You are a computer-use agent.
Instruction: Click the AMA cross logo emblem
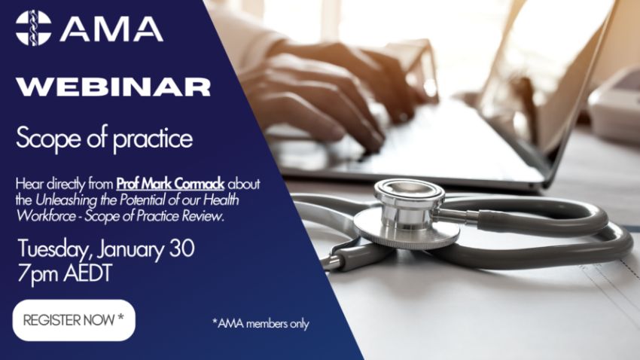point(33,28)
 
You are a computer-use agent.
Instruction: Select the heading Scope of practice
point(105,139)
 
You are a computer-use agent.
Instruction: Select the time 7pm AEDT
point(65,273)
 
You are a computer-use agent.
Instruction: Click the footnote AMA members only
point(261,324)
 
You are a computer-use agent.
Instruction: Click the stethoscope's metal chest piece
point(407,215)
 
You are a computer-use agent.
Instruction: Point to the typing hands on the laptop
point(331,90)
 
